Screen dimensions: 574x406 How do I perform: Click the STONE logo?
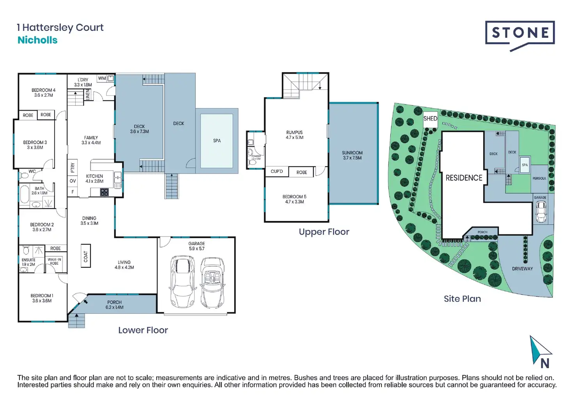tap(520, 33)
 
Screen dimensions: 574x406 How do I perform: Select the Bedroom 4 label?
tap(43, 93)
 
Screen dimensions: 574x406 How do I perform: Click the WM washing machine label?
tap(102, 78)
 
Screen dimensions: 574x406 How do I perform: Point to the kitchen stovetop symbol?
tap(105, 192)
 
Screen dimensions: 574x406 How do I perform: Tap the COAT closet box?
tap(86, 256)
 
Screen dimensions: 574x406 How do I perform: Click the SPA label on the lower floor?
tap(217, 141)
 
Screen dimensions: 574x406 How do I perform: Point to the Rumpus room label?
tap(294, 135)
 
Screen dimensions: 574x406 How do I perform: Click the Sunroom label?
tap(352, 155)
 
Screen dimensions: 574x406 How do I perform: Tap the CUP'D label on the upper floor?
tap(277, 171)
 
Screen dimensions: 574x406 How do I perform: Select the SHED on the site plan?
tap(430, 119)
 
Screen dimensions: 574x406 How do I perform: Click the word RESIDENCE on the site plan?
tap(464, 178)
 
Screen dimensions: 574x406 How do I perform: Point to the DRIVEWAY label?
tap(522, 269)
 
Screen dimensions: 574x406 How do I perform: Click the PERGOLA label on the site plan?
tap(539, 178)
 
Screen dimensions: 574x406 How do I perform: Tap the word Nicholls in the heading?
tap(37, 40)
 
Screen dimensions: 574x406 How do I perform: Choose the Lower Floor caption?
tap(143, 330)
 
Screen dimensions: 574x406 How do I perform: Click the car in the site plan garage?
tap(541, 212)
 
